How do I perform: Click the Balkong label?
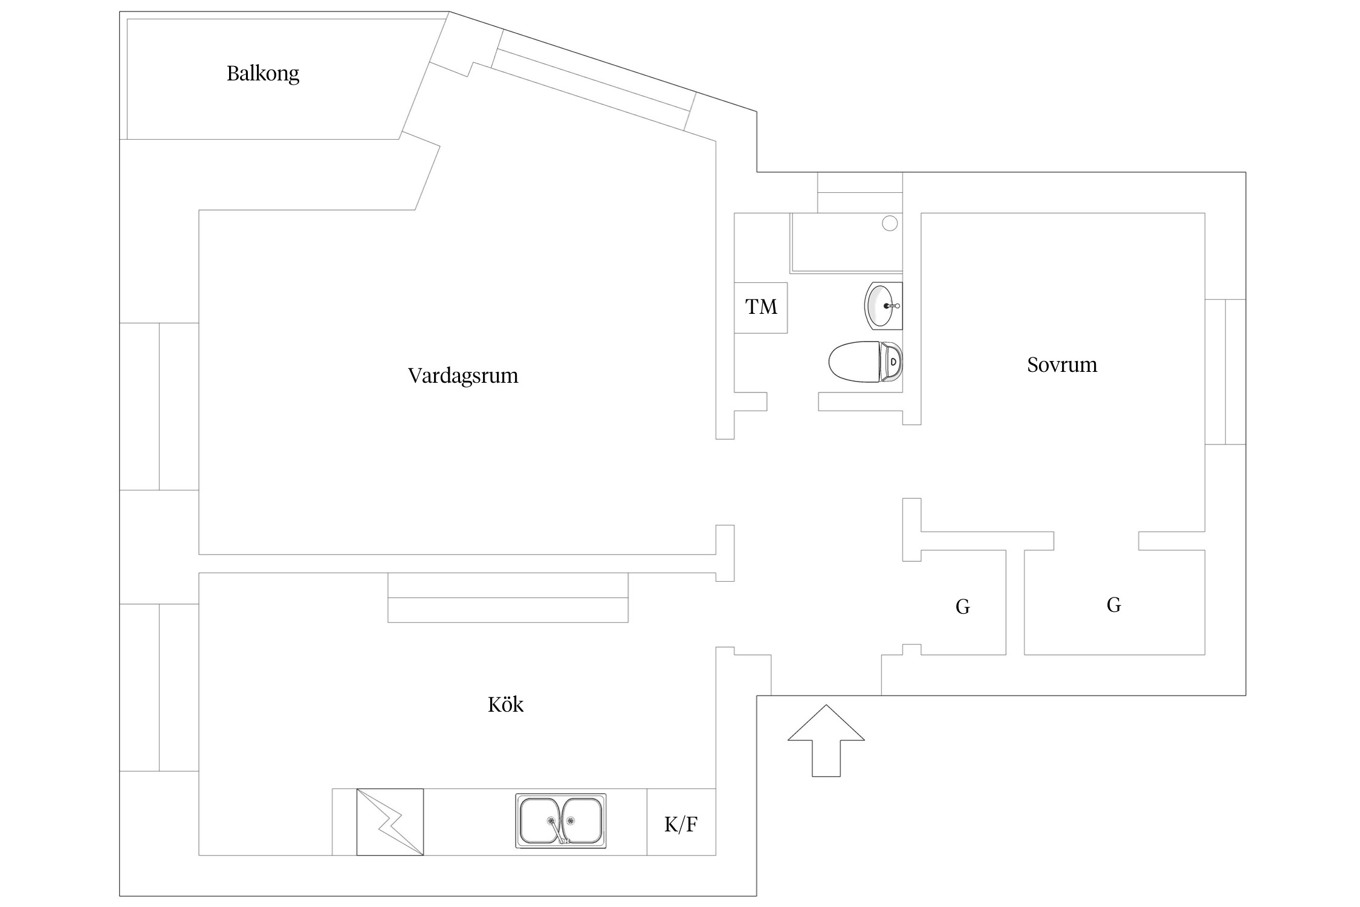pos(263,74)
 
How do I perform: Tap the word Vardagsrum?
pos(463,376)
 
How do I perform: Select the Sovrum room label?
pos(1062,365)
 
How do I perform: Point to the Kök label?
pos(505,705)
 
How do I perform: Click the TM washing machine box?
pos(761,308)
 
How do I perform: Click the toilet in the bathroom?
pos(864,362)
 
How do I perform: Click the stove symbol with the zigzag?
pos(390,822)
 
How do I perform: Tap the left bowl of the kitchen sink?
pos(540,821)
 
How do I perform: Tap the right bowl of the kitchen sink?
pos(583,821)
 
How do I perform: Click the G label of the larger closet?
pos(1114,605)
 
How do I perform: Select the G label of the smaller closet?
pos(963,606)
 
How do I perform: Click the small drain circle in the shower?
pos(890,224)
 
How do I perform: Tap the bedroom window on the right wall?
pos(1225,372)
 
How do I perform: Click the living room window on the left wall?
pos(159,406)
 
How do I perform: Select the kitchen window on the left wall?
pos(159,688)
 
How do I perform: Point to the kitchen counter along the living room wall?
pos(508,597)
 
